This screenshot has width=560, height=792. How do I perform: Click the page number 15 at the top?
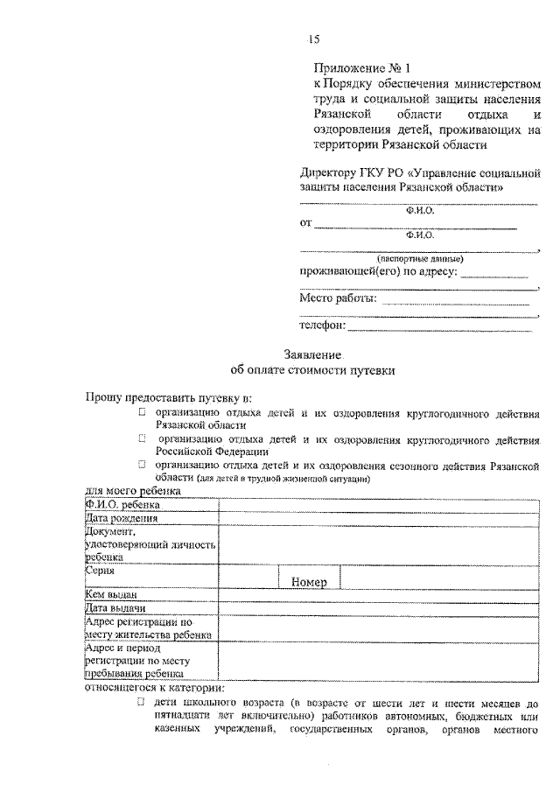315,38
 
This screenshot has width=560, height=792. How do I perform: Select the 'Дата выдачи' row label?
114,608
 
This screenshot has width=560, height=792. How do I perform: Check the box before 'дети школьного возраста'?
141,702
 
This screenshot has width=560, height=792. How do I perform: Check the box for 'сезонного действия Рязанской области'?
141,466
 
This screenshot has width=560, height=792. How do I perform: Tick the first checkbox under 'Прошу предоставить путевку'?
141,410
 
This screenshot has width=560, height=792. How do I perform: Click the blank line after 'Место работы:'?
456,301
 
